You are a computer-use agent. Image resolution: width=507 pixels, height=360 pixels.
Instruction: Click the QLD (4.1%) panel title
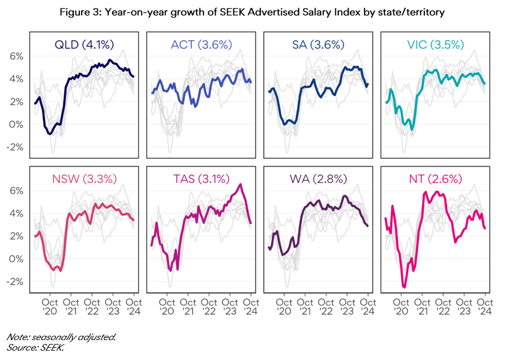[x=81, y=45]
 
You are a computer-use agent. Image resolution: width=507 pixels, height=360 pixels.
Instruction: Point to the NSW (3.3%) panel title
[x=81, y=179]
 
